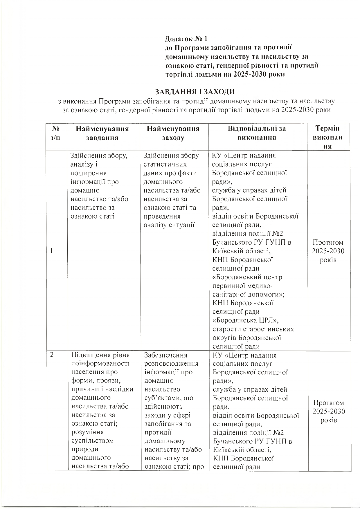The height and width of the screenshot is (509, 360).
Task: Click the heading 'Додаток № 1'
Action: point(186,39)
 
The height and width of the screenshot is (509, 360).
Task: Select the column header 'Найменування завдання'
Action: point(102,133)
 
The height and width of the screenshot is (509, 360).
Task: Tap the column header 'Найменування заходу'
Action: point(173,133)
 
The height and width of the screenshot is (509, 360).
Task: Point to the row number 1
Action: point(51,251)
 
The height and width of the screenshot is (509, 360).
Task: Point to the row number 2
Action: point(52,355)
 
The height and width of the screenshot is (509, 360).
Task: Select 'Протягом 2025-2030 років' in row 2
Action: point(329,411)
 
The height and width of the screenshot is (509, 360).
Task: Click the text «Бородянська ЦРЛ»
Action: point(246,320)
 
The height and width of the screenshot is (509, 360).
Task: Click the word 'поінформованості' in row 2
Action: point(100,364)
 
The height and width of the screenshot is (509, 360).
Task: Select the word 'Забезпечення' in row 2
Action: point(166,355)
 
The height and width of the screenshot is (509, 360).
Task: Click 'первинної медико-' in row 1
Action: point(242,286)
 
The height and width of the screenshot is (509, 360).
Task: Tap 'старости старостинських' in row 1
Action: point(253,329)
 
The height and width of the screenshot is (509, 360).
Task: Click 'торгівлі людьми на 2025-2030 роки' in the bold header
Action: point(225,74)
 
